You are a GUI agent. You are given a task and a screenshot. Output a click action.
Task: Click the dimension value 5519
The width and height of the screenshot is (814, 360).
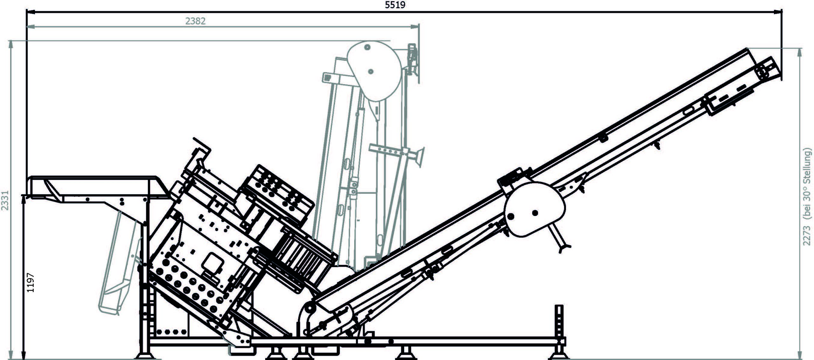(395, 5)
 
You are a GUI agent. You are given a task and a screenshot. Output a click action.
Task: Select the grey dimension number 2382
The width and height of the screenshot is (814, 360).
(195, 21)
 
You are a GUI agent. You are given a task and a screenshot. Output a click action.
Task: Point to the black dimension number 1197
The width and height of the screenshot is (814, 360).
(31, 283)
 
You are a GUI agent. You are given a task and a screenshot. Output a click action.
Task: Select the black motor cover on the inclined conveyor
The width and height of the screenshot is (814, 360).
(534, 210)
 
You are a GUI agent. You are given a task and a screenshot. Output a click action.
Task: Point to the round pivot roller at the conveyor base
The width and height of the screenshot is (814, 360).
(309, 308)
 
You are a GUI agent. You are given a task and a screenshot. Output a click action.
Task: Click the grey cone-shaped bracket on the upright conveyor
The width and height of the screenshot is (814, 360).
(420, 157)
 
